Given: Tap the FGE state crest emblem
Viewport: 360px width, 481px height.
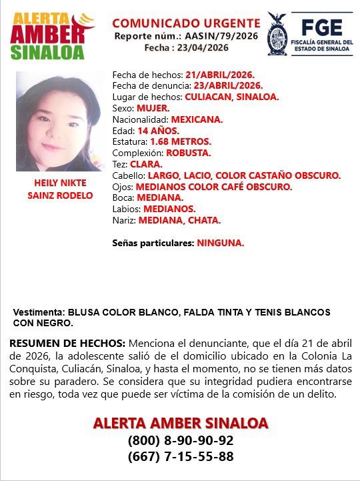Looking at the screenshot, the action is click(x=277, y=34).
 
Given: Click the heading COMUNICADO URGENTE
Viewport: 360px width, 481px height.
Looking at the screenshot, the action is click(x=186, y=23).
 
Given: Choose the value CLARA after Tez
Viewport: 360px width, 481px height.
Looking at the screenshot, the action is click(x=146, y=164).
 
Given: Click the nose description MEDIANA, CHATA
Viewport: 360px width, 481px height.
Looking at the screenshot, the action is click(x=180, y=220).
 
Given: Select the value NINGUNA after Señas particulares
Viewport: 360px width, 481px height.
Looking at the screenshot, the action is click(x=220, y=244).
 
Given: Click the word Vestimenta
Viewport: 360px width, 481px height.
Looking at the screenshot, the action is click(x=35, y=312).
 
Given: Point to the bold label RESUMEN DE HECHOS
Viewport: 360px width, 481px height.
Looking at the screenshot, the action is click(x=67, y=342).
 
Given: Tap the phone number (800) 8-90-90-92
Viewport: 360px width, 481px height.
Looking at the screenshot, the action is click(x=181, y=441).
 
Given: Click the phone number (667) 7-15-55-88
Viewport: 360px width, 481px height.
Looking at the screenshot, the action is click(x=181, y=457).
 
